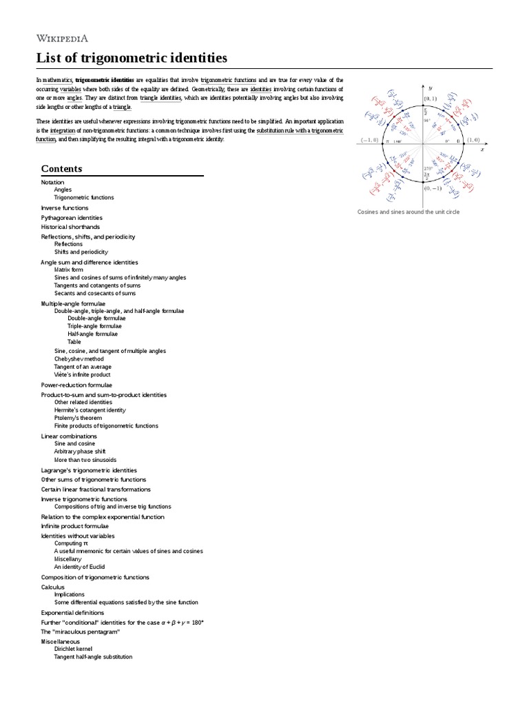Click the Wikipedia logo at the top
coord(62,38)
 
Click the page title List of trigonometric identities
coord(132,58)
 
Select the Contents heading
coord(61,168)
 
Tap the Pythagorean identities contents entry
coord(71,217)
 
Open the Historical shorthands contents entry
coord(70,227)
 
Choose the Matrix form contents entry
coord(69,270)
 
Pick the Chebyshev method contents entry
coord(79,359)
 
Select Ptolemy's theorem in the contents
coord(78,418)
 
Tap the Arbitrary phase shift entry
coord(80,452)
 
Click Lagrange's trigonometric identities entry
coord(89,470)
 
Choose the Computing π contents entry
coord(71,543)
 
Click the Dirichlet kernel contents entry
coord(73,649)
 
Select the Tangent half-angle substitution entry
coord(93,657)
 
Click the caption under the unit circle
coord(408,212)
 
